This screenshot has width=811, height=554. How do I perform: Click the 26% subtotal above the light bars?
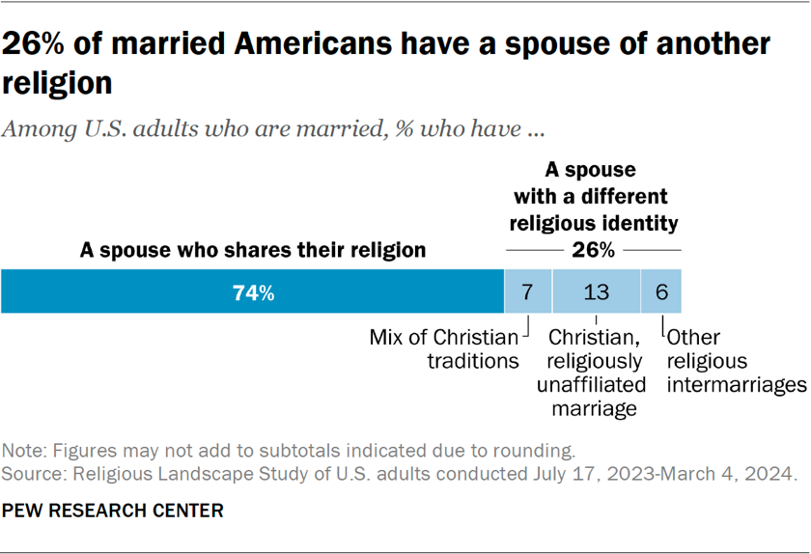point(593,250)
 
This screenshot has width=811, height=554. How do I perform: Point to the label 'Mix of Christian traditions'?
point(445,349)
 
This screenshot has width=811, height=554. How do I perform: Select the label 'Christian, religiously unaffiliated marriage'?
point(596,373)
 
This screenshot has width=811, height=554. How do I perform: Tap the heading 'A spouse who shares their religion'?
point(253,250)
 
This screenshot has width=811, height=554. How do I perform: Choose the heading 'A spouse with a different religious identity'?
point(593,197)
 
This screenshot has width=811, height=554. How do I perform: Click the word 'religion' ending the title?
point(57,84)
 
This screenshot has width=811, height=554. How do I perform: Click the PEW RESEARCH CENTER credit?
point(113,510)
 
